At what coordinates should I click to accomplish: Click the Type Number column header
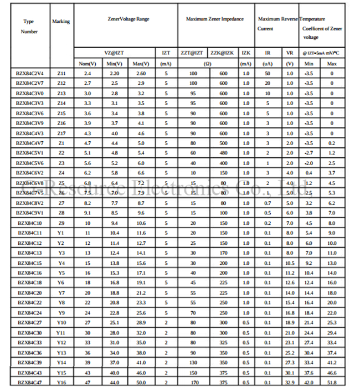[x=29, y=27]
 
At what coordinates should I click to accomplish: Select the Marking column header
[x=61, y=22]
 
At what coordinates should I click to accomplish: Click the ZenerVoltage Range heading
[x=128, y=19]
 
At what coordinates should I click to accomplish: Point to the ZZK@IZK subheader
[x=223, y=53]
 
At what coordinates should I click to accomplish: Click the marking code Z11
[x=61, y=73]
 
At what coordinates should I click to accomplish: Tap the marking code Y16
[x=61, y=382]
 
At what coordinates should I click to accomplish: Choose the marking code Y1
[x=61, y=233]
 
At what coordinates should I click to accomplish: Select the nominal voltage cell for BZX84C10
[x=88, y=223]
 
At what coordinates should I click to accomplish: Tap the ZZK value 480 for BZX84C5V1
[x=223, y=153]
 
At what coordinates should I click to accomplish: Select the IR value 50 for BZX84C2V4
[x=268, y=73]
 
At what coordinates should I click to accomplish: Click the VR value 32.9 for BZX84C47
[x=289, y=382]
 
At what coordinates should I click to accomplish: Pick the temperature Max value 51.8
[x=332, y=382]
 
